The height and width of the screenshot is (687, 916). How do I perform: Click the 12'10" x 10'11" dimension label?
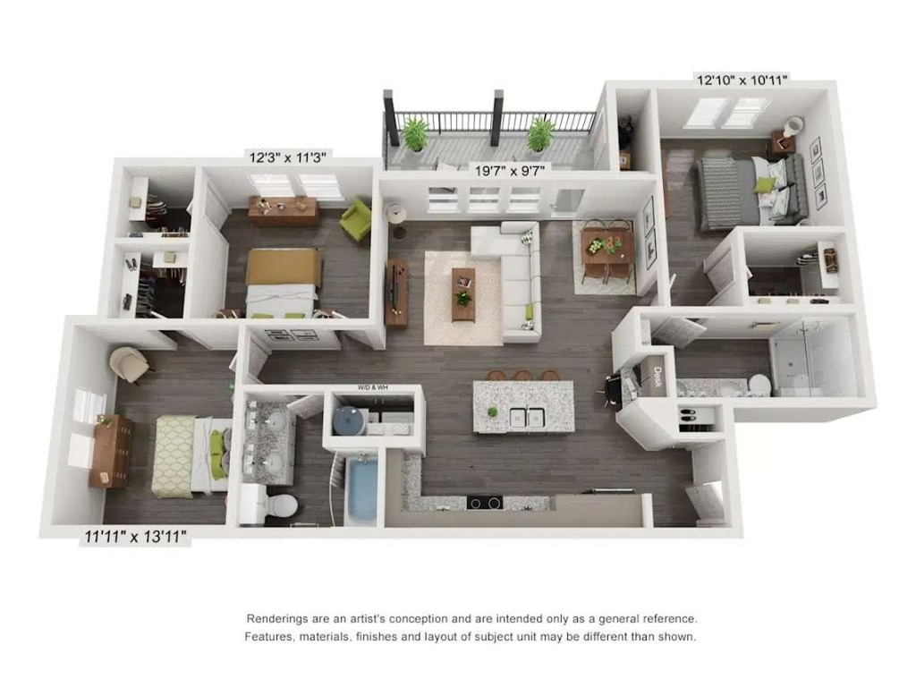pyautogui.click(x=742, y=81)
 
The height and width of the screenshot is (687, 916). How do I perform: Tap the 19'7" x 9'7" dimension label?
pyautogui.click(x=510, y=168)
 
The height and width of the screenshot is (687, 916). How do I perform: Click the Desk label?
pyautogui.click(x=657, y=377)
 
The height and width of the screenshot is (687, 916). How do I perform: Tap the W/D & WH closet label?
pyautogui.click(x=373, y=388)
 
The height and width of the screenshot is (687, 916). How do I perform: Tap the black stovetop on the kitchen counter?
pyautogui.click(x=485, y=503)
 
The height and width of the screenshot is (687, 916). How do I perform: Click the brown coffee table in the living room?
pyautogui.click(x=462, y=293)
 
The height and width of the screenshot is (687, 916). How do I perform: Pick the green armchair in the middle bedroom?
pyautogui.click(x=355, y=220)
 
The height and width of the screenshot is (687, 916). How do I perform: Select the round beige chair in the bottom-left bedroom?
pyautogui.click(x=131, y=363)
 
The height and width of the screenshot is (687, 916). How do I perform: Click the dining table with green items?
pyautogui.click(x=606, y=244)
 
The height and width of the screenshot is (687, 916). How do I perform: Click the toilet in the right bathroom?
pyautogui.click(x=759, y=385)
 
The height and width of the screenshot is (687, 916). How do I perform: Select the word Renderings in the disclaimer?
pyautogui.click(x=279, y=618)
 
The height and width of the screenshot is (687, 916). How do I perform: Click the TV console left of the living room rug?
pyautogui.click(x=396, y=292)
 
